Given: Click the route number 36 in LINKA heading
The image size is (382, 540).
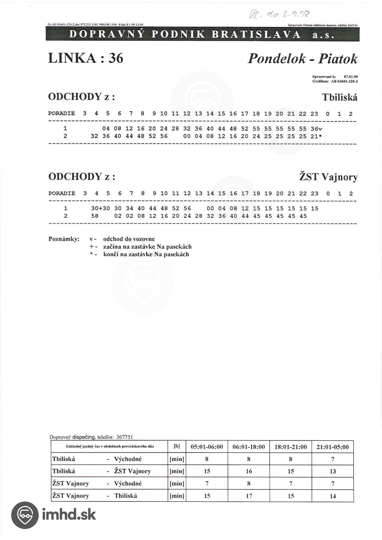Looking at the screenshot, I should click(116, 58).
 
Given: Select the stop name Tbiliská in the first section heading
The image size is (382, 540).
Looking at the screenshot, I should click(340, 97).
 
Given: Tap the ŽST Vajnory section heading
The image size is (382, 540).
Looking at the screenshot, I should click(328, 177).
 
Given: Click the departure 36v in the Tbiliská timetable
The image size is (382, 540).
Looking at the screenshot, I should click(316, 129).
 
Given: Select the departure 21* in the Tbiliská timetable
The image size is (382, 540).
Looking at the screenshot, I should click(316, 136).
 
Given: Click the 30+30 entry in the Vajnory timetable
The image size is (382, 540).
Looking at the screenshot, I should click(100, 209).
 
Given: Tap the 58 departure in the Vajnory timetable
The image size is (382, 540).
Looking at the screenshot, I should click(95, 216).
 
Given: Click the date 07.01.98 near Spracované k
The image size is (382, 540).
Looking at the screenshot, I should click(351, 76).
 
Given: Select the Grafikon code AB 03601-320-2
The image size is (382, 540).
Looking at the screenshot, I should click(344, 81).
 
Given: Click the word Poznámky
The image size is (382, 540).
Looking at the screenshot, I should click(64, 239).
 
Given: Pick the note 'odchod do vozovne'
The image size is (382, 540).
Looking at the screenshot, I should click(129, 239).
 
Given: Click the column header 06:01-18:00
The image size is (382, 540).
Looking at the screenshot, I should click(248, 447).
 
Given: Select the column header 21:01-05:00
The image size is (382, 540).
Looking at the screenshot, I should click(333, 447).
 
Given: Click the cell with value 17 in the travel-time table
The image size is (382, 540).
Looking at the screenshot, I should click(249, 496).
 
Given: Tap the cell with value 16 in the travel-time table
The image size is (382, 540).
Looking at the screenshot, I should click(249, 471).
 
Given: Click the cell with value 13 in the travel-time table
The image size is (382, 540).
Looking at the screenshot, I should click(333, 471).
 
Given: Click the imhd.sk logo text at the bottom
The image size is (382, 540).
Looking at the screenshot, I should click(69, 514).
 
